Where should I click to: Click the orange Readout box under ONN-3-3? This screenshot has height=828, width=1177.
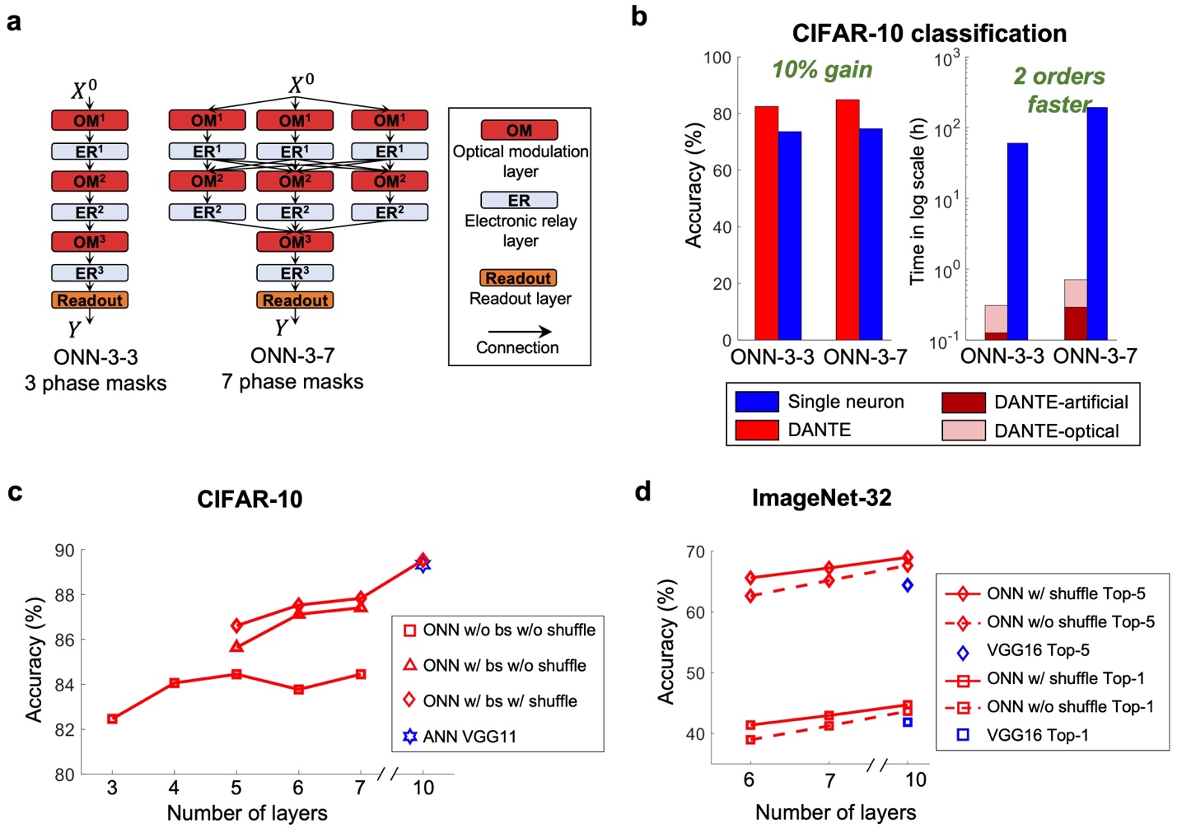tap(90, 300)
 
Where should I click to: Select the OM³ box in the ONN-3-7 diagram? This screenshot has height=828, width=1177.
tap(295, 242)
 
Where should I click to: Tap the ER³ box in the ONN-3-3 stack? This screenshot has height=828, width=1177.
tap(90, 272)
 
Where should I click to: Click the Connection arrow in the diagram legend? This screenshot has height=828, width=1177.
tap(520, 331)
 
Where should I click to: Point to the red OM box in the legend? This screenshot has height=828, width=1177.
tap(519, 130)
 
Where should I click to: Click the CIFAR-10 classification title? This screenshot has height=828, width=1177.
tap(929, 34)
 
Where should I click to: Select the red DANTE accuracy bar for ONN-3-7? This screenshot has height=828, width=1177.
tap(848, 219)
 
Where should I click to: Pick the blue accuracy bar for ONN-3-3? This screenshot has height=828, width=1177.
tap(790, 235)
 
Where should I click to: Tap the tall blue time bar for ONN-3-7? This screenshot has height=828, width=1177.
tap(1097, 223)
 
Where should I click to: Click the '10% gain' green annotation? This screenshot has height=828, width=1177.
tap(822, 70)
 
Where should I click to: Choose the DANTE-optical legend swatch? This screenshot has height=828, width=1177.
tap(964, 430)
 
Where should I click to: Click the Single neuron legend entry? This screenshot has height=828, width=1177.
tap(846, 402)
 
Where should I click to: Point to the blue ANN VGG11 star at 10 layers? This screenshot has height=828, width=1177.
tap(423, 565)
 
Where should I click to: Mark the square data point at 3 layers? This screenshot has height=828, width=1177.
tap(113, 719)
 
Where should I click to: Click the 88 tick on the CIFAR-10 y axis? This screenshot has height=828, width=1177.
tap(64, 595)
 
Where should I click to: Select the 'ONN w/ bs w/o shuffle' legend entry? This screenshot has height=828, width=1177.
tap(504, 665)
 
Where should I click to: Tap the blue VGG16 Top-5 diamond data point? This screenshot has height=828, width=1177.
tap(908, 585)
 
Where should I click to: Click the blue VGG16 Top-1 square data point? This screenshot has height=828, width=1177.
tap(908, 722)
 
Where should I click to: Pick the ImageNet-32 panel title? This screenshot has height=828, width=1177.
tap(821, 498)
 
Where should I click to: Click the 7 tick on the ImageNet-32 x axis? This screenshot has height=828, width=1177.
tap(829, 780)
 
